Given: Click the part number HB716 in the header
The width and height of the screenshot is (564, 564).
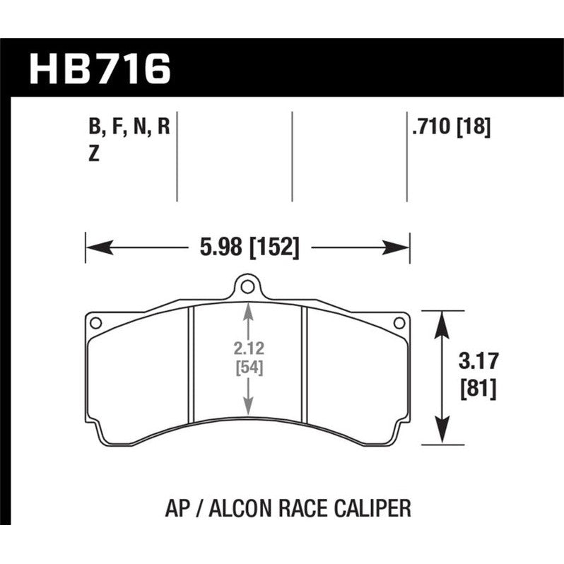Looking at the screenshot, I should click(100, 69).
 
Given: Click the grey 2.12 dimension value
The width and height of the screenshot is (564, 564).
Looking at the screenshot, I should click(246, 347).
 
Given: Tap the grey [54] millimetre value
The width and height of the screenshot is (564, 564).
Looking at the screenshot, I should click(246, 368).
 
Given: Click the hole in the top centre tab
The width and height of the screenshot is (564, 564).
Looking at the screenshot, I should click(246, 287).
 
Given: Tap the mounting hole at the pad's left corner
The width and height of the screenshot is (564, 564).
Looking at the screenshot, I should click(96, 323).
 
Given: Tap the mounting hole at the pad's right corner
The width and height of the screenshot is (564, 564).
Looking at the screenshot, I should click(398, 323).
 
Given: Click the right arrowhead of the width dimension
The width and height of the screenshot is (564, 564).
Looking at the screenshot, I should click(400, 247).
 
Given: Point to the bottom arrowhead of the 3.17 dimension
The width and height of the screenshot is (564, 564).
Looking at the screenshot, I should click(442, 435).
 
